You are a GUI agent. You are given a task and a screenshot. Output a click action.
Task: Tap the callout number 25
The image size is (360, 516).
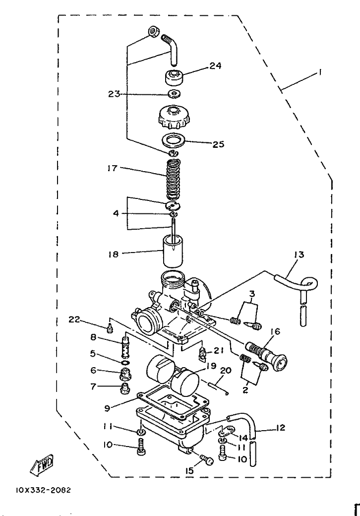coord(218,144)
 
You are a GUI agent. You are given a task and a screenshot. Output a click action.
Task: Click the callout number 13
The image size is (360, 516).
coord(299,255)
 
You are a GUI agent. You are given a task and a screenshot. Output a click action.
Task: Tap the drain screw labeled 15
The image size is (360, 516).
coord(206,460)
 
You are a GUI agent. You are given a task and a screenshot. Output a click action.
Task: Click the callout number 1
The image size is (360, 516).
coord(321,72)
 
